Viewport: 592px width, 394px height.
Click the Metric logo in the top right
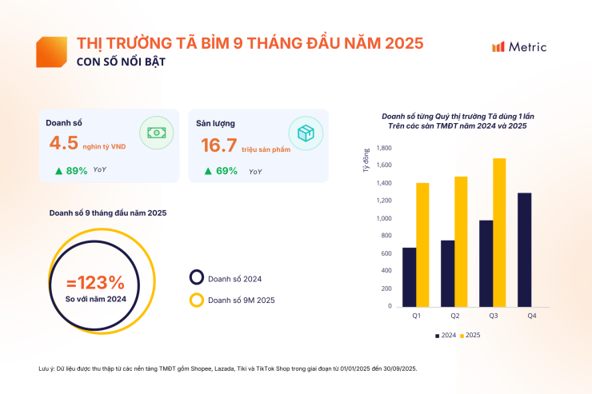tap(519, 47)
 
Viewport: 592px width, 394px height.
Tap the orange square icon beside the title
tap(51, 51)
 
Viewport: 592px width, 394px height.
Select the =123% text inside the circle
tap(95, 282)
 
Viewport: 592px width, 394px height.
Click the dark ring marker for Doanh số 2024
tap(196, 278)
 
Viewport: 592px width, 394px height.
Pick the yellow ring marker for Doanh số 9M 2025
tap(196, 300)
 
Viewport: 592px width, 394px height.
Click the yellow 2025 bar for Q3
tap(498, 232)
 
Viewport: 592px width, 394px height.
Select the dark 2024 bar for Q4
tap(524, 249)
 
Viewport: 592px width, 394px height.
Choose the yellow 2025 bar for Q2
tap(460, 241)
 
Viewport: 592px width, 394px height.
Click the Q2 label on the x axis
tap(454, 317)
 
